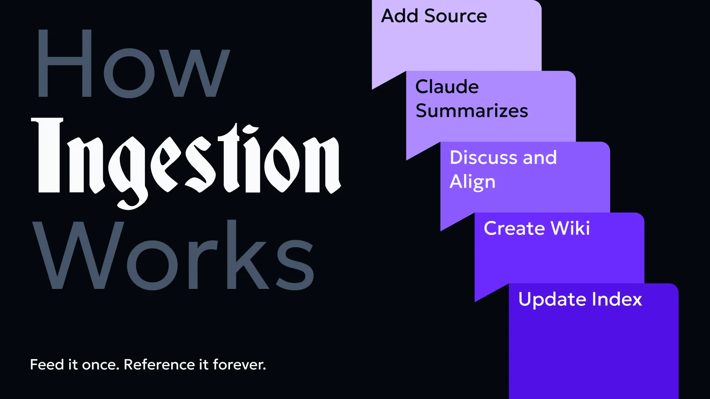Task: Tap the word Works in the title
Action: tap(174, 255)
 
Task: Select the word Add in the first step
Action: tap(400, 16)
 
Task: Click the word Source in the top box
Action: tap(456, 16)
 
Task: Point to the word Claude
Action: tap(447, 87)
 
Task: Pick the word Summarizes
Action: tap(472, 111)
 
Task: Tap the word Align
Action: tap(473, 182)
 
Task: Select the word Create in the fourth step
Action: tap(514, 228)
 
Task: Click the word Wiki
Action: tap(570, 228)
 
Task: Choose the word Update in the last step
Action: tap(552, 300)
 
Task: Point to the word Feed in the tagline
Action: tap(47, 365)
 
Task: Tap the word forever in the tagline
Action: tap(239, 365)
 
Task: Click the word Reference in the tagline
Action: tap(159, 365)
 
